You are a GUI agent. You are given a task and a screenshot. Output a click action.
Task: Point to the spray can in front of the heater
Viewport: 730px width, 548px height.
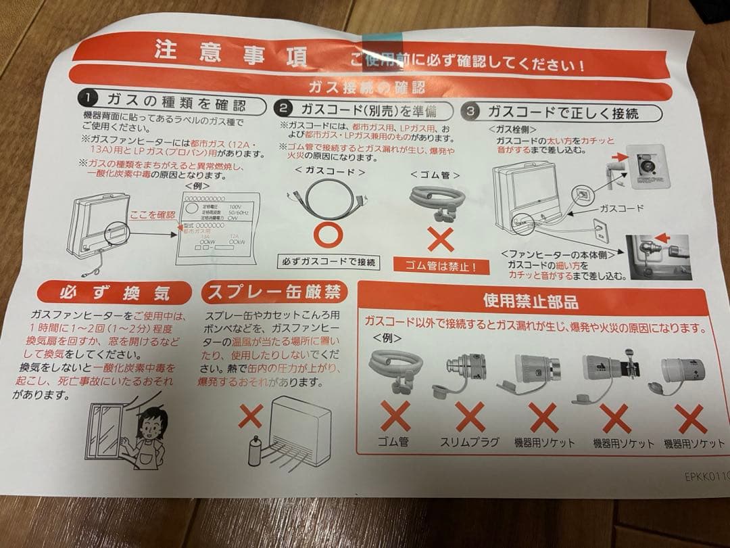tap(255, 449)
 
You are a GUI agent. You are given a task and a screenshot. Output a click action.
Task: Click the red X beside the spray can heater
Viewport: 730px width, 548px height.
tap(250, 417)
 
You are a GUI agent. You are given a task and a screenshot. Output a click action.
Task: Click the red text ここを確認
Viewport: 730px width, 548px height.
tap(153, 214)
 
